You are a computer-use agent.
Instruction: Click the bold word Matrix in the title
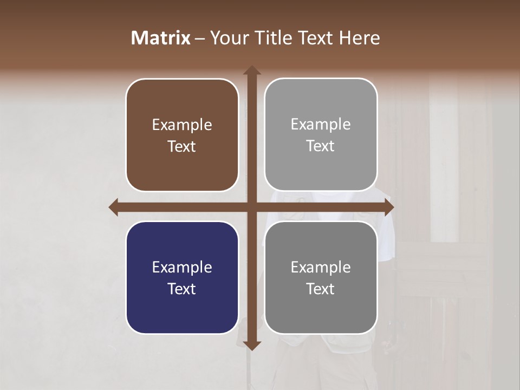[161, 38]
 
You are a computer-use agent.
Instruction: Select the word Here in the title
[360, 38]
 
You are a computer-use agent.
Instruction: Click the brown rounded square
[182, 135]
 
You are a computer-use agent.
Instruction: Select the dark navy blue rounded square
[182, 277]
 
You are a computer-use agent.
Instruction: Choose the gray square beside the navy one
[321, 277]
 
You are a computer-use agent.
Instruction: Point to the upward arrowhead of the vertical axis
[252, 70]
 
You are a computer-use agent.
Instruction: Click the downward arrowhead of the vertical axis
[252, 346]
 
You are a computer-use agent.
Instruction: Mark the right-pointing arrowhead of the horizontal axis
[388, 207]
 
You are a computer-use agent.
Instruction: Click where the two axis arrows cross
[252, 207]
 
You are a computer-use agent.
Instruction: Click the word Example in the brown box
[182, 125]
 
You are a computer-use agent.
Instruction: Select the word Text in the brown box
[182, 146]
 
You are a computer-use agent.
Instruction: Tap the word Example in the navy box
[182, 268]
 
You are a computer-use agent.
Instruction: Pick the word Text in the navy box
[182, 289]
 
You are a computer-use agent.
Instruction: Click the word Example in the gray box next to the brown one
[321, 125]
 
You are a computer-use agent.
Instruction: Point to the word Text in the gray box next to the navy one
[321, 289]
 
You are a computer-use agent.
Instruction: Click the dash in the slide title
[200, 38]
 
